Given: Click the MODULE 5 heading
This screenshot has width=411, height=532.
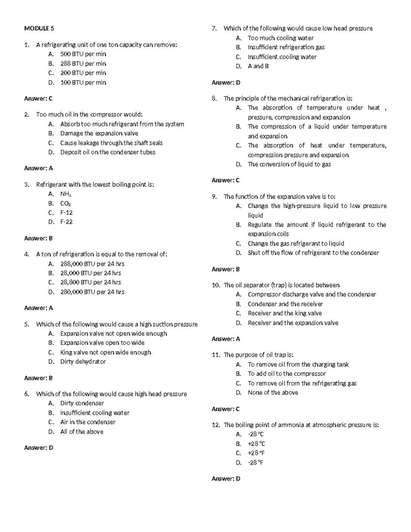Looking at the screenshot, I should (x=39, y=28).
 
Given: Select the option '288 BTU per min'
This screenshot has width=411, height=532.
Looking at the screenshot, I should (x=83, y=64).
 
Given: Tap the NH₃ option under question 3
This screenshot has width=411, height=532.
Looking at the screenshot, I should (x=65, y=194).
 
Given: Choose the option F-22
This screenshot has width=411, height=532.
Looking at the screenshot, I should (x=66, y=222).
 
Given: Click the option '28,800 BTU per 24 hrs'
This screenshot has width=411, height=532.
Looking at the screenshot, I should (x=90, y=282).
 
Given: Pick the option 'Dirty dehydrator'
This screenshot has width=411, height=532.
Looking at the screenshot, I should (x=83, y=362).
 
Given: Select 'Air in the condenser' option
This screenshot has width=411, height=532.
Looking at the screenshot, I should (x=88, y=422).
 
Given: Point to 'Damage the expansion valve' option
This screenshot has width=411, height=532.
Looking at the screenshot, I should (x=99, y=134).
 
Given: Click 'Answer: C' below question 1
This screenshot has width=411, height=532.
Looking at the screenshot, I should (x=38, y=99).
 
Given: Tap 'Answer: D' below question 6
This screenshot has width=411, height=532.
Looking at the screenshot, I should (x=39, y=448).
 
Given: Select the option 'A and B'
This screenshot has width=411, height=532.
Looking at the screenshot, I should (x=258, y=66).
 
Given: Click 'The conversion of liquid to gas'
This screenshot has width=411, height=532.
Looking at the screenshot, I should (x=289, y=164).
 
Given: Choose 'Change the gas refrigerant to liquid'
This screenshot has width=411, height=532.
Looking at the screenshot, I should (x=296, y=244).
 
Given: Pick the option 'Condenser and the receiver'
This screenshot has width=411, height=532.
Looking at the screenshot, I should (x=285, y=304).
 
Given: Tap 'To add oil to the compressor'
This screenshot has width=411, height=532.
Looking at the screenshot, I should (x=287, y=374).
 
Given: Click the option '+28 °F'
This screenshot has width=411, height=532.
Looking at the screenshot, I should (x=256, y=453).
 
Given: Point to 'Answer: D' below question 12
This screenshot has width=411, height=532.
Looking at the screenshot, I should (x=226, y=479).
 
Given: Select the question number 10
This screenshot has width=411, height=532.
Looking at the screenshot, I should (x=215, y=285).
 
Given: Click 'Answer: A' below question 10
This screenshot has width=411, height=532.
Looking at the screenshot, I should (x=226, y=339).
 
